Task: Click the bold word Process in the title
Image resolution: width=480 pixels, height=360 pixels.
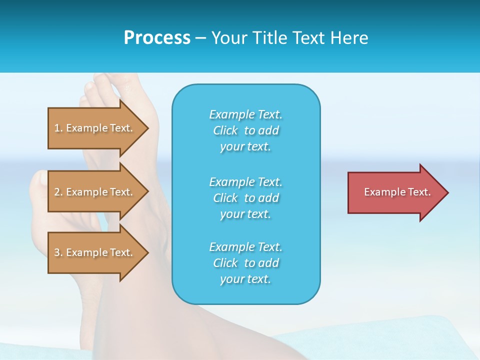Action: pyautogui.click(x=157, y=38)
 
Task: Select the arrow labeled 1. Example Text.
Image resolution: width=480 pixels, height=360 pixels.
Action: pyautogui.click(x=95, y=128)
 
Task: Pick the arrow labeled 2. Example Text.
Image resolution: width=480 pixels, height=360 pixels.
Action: pyautogui.click(x=95, y=192)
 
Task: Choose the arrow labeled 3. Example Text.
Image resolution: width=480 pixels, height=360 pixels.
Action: pyautogui.click(x=95, y=252)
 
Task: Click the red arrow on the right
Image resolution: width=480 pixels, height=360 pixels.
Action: pyautogui.click(x=395, y=192)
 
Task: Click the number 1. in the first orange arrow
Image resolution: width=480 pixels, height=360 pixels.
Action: pyautogui.click(x=58, y=128)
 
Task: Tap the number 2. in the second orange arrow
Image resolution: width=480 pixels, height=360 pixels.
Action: pyautogui.click(x=58, y=192)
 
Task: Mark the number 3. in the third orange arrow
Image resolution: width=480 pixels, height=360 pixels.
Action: pyautogui.click(x=58, y=252)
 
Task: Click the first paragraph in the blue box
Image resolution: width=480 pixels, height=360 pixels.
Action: pyautogui.click(x=245, y=130)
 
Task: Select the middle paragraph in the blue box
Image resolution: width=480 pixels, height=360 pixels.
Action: pyautogui.click(x=245, y=198)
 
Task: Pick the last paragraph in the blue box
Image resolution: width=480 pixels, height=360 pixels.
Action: pyautogui.click(x=245, y=263)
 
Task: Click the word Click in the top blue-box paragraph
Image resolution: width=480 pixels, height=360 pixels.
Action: pyautogui.click(x=225, y=130)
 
